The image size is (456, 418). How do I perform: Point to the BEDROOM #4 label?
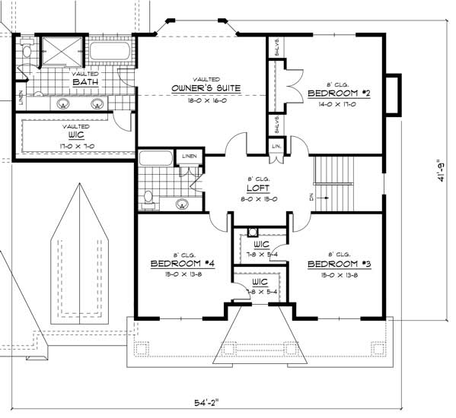point(182,264)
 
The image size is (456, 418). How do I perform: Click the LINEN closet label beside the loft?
point(188,157)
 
